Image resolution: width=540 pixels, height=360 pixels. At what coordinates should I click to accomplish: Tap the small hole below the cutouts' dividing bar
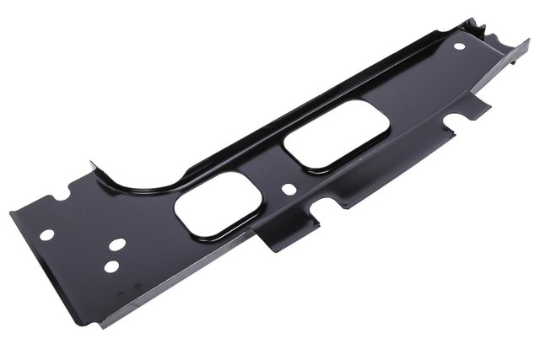pos(289,188)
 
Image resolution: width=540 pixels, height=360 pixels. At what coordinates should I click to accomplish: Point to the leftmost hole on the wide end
pos(47,234)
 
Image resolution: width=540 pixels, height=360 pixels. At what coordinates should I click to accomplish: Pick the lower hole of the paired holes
pos(111,267)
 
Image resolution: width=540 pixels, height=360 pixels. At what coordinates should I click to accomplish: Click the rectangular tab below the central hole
pos(290,230)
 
